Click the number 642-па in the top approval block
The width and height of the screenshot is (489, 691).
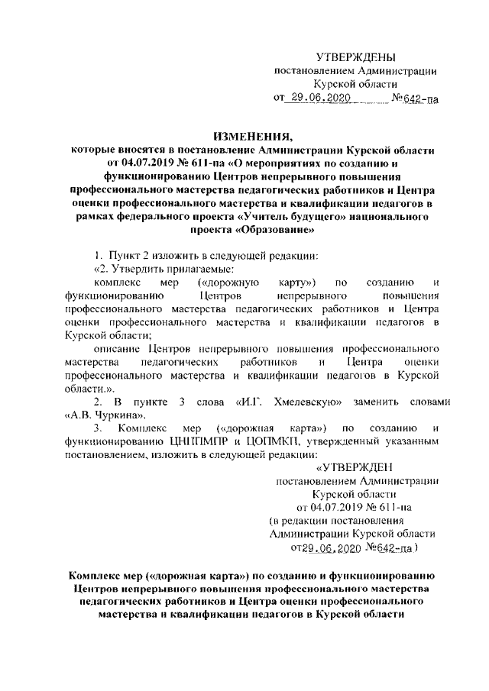[422, 98]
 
